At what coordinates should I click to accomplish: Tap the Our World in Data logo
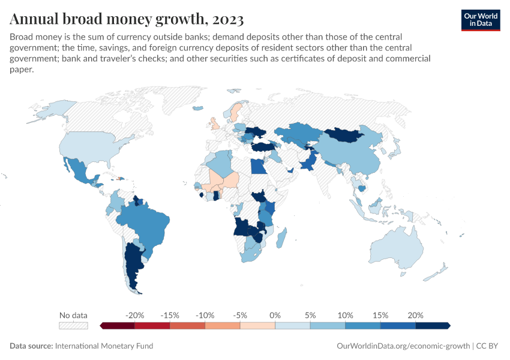click(x=480, y=19)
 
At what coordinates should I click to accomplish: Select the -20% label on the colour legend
click(x=134, y=315)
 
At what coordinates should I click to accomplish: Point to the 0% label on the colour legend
click(x=275, y=315)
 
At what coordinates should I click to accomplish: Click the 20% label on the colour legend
click(x=415, y=315)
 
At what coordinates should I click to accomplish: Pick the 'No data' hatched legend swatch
click(x=73, y=326)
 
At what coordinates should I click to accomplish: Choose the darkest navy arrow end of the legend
click(x=448, y=326)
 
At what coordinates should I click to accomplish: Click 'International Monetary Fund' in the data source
click(x=104, y=346)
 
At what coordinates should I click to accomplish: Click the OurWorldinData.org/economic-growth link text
click(x=404, y=346)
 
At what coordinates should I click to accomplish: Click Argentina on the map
click(x=133, y=264)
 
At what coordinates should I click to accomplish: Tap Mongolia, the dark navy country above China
click(x=346, y=135)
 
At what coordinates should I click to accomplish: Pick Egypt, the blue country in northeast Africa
click(x=257, y=166)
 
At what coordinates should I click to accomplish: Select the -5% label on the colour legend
click(x=240, y=315)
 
